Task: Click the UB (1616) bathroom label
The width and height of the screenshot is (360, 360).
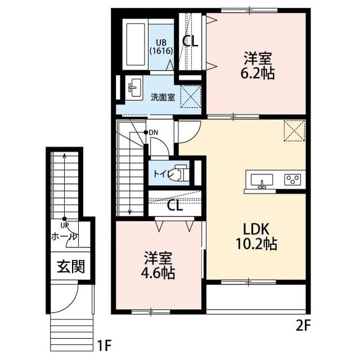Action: coord(160,46)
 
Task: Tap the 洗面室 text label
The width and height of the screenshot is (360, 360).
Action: coord(162,96)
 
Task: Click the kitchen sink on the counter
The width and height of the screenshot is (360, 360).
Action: coord(261,180)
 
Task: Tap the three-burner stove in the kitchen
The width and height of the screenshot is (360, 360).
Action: coord(292,180)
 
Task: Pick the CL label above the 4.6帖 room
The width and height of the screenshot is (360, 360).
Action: coord(175,205)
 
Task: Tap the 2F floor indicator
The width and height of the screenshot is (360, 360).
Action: coord(303,325)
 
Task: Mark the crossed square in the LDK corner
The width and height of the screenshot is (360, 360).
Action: coord(293,132)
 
